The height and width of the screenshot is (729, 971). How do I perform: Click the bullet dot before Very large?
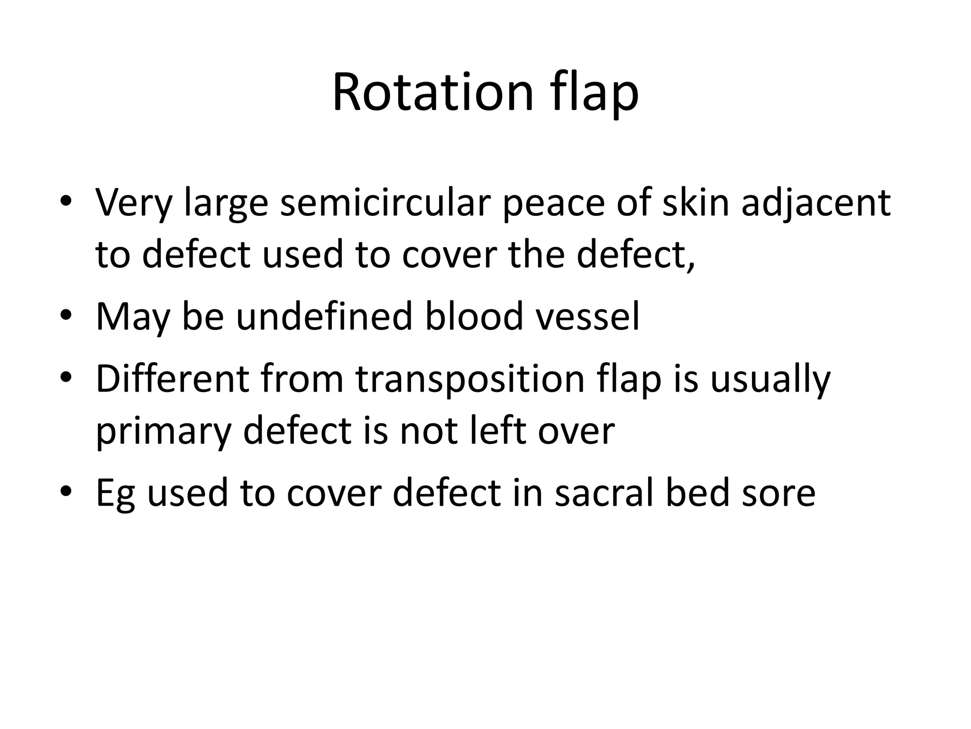coord(66,201)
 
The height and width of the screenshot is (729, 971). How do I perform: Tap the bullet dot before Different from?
coord(66,377)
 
